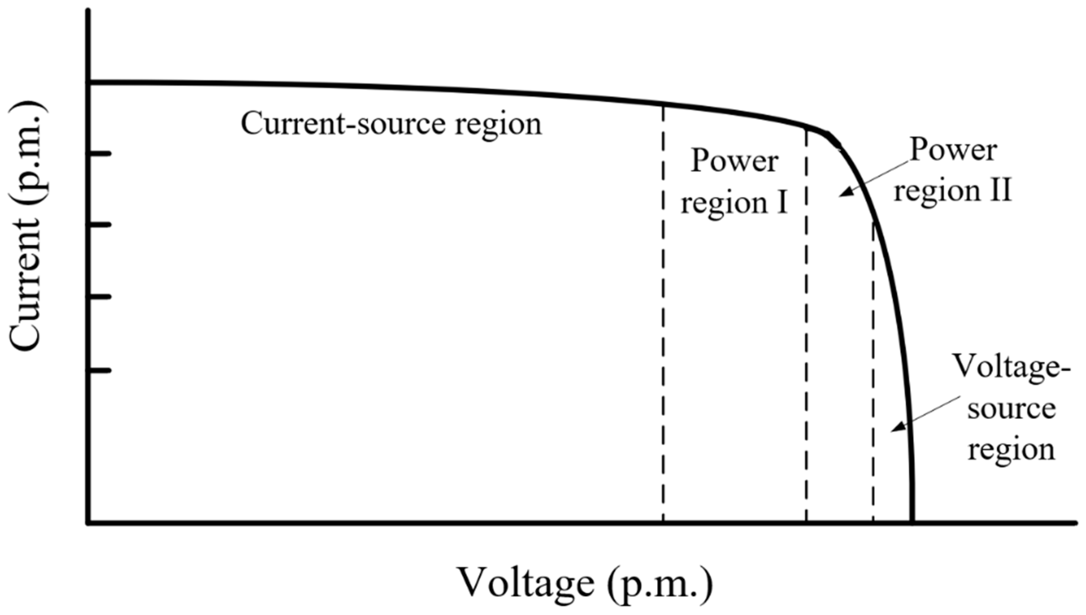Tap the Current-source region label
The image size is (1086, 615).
[391, 124]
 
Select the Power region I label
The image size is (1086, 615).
[734, 183]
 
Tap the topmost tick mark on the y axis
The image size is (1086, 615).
[100, 153]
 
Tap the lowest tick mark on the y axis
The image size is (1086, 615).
[100, 370]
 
